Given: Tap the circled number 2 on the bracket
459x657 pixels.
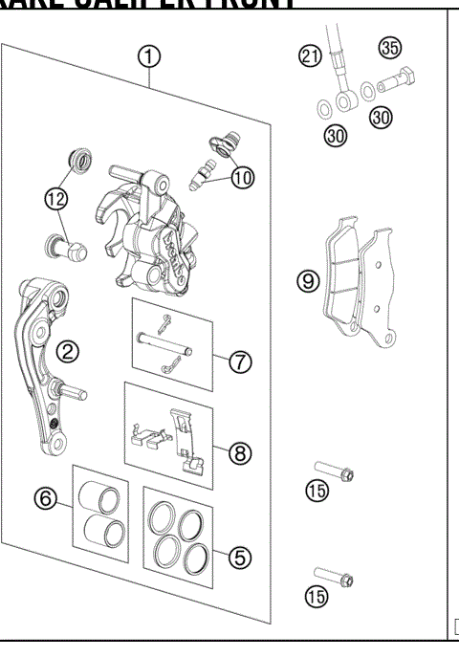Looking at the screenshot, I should [67, 350].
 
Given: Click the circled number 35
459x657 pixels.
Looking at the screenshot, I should [388, 47].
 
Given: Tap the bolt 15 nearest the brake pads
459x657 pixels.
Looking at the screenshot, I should [336, 472].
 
